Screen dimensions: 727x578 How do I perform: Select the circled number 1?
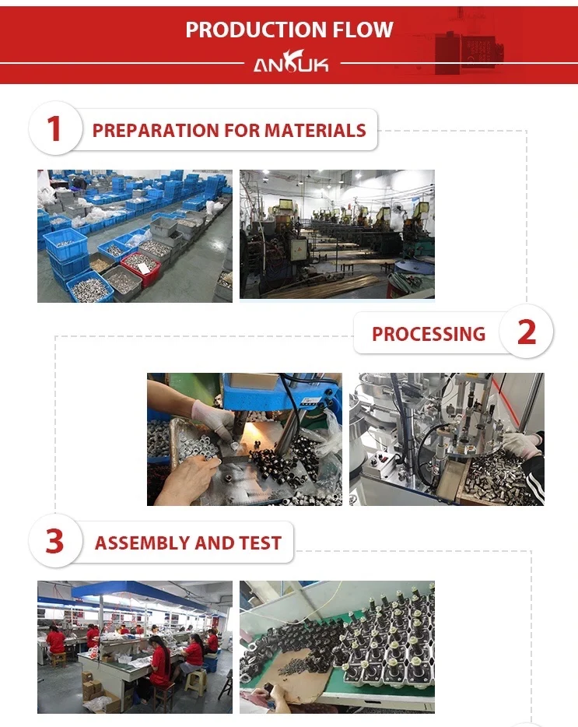[x=54, y=129]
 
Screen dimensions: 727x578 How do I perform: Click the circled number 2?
[x=527, y=333]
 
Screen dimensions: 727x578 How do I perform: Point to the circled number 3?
[x=54, y=542]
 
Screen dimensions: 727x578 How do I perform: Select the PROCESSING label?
[x=428, y=334]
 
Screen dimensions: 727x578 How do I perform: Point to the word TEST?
[x=260, y=543]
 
